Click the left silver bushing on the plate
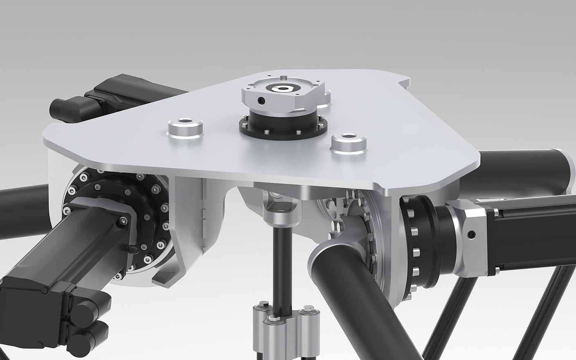click(185, 128)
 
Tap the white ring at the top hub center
click(282, 88)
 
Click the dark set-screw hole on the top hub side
click(261, 101)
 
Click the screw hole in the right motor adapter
click(473, 234)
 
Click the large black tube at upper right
click(524, 172)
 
